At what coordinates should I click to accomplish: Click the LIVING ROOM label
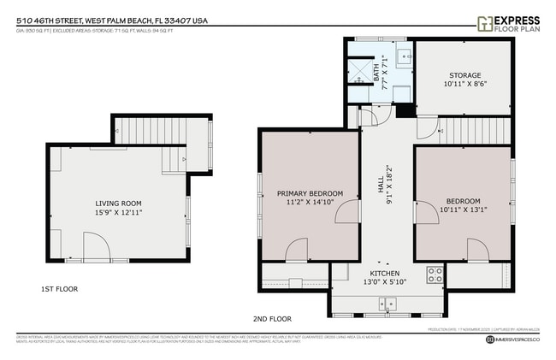tap(118, 203)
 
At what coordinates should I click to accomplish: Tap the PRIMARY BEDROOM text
tap(310, 193)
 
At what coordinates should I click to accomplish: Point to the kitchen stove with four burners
tap(435, 275)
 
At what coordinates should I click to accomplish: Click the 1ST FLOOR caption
tap(59, 289)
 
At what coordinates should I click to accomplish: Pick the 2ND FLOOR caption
tap(273, 319)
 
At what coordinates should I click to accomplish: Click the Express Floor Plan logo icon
tap(484, 23)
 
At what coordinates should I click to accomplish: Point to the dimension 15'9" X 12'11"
tap(118, 212)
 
